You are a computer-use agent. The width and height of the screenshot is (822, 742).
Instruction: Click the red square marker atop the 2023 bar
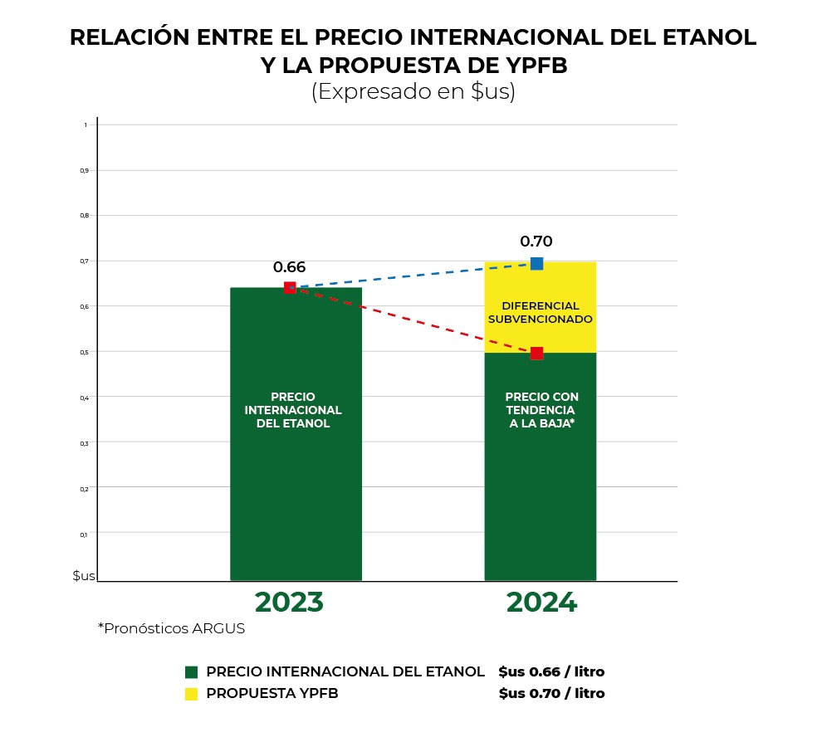click(290, 288)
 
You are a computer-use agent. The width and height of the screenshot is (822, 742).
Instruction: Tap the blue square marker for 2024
click(536, 264)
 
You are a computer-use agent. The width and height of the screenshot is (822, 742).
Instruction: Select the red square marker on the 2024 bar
click(536, 354)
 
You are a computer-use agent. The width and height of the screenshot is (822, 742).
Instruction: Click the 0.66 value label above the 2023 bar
click(289, 267)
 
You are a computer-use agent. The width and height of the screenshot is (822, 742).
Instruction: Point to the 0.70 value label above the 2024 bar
click(536, 242)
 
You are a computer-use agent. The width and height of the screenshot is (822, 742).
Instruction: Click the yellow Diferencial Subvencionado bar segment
click(541, 312)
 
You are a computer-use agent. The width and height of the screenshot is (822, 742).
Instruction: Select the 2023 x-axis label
click(289, 603)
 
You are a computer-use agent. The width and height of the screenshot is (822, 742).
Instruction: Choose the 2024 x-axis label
click(541, 603)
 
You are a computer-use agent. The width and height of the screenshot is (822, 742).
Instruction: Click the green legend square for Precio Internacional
click(192, 671)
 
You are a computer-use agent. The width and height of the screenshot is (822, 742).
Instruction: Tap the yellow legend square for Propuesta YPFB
click(192, 693)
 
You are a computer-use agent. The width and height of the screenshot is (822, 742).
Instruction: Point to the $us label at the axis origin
click(84, 575)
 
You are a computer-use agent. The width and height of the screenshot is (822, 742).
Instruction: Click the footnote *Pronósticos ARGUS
click(172, 628)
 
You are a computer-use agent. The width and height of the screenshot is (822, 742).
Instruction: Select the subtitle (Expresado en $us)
click(413, 92)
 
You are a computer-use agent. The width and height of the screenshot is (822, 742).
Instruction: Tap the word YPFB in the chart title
click(526, 66)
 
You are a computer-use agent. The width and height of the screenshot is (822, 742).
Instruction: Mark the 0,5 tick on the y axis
click(84, 352)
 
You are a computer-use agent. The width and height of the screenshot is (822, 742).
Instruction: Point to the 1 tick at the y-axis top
click(85, 125)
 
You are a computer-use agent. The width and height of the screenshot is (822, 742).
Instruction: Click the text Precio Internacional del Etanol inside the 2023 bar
click(293, 410)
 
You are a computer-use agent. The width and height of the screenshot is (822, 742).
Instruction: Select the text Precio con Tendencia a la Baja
click(541, 410)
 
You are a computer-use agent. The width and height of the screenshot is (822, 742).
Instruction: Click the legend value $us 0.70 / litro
click(551, 693)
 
